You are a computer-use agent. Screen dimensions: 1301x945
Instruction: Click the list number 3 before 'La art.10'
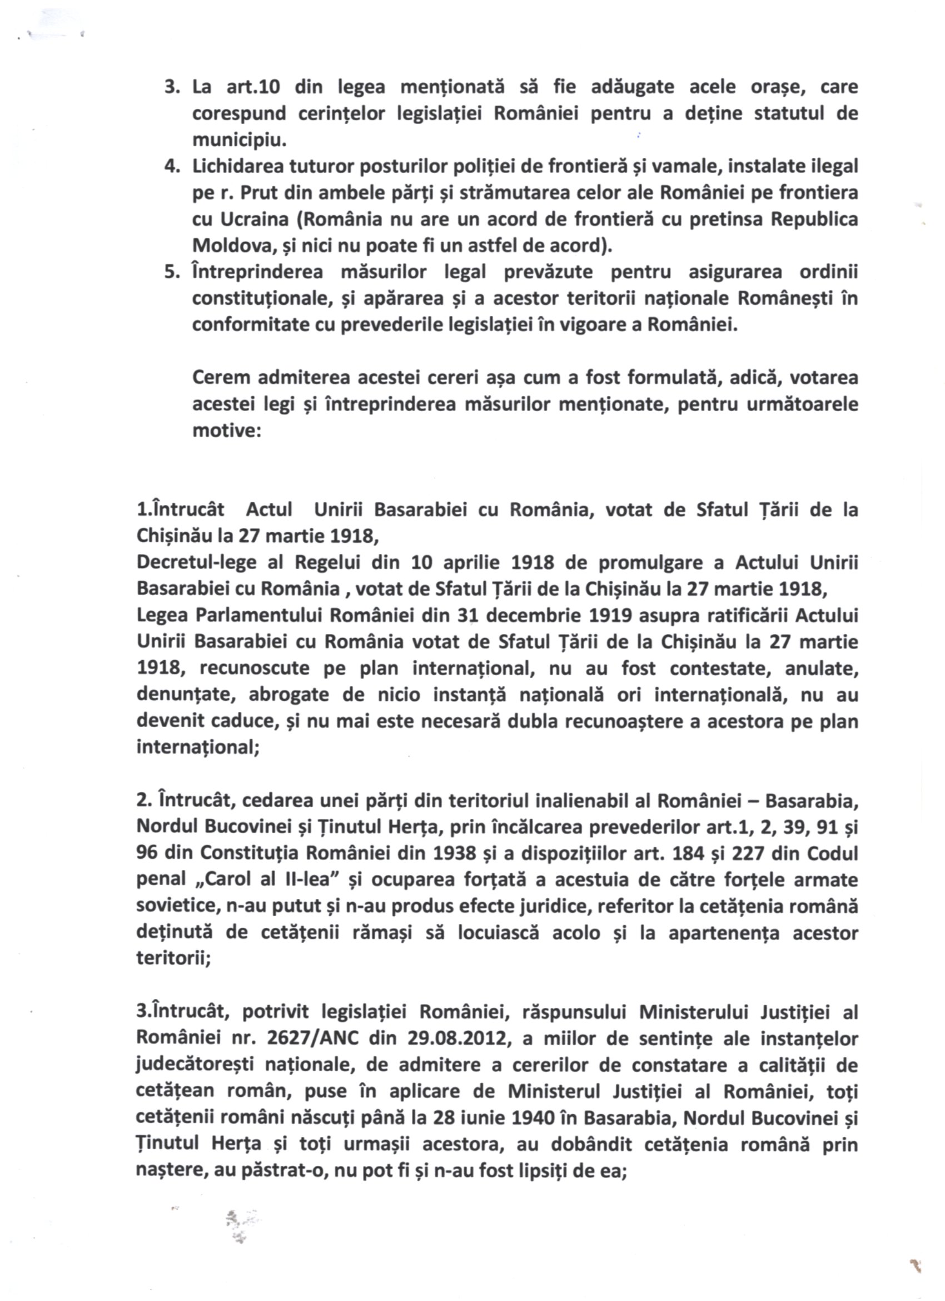(170, 87)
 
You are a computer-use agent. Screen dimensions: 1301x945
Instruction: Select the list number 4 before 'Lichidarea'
(170, 166)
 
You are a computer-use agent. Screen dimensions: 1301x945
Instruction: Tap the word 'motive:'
(227, 432)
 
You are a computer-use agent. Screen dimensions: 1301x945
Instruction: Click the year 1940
(533, 1118)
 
